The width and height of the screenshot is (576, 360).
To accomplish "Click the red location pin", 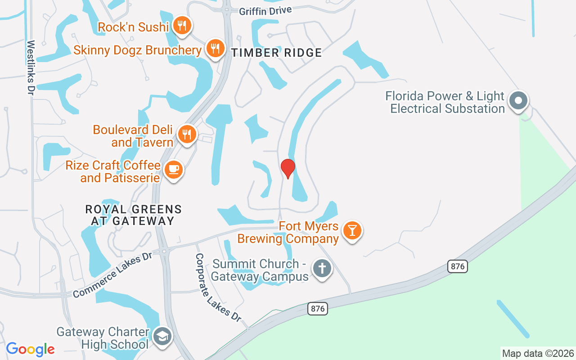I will coord(288,168).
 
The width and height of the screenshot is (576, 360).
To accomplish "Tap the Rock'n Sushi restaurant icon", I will coord(182,25).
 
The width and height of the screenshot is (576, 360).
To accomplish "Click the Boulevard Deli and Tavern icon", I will coord(187,134).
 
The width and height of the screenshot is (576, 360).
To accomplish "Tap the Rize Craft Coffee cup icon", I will coord(173,170).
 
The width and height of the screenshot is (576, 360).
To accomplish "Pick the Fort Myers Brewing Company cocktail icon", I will coord(352,230).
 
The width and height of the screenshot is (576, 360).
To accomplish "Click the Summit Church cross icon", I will coord(322,269).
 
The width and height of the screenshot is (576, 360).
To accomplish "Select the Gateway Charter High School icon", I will coord(162,336).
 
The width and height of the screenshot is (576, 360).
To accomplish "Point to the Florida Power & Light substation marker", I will coord(518,101).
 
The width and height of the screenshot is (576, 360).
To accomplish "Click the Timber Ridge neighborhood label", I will coord(277,53).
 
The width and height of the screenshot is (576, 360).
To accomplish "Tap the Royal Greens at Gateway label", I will coord(134,215).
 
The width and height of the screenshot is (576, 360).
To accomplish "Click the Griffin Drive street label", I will coord(265,11).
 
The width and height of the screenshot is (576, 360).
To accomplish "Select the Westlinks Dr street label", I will coord(31,67).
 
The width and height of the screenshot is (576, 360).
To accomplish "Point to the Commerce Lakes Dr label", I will coord(113,274).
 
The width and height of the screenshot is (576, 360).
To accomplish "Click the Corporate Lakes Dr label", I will coord(218,287).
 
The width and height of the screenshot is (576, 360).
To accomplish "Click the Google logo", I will coord(30,349).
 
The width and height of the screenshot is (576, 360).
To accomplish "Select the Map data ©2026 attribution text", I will coord(538,353).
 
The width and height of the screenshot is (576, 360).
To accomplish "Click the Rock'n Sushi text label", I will coord(133,27).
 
